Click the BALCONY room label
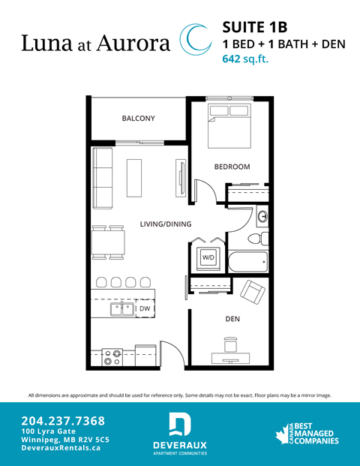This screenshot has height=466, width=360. point(138,119)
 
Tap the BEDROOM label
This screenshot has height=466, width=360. point(232,167)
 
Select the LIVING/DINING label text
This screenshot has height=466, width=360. point(166,224)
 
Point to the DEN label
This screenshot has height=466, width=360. point(232,319)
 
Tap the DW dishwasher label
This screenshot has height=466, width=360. point(144,308)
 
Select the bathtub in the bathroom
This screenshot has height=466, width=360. point(247,263)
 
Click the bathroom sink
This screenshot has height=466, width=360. point(262,218)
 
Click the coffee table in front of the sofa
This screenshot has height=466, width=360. point(135,178)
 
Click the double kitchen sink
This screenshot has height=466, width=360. point(122,308)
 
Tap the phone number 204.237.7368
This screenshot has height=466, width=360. point(63,420)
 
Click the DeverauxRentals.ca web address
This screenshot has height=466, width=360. point(61,448)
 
